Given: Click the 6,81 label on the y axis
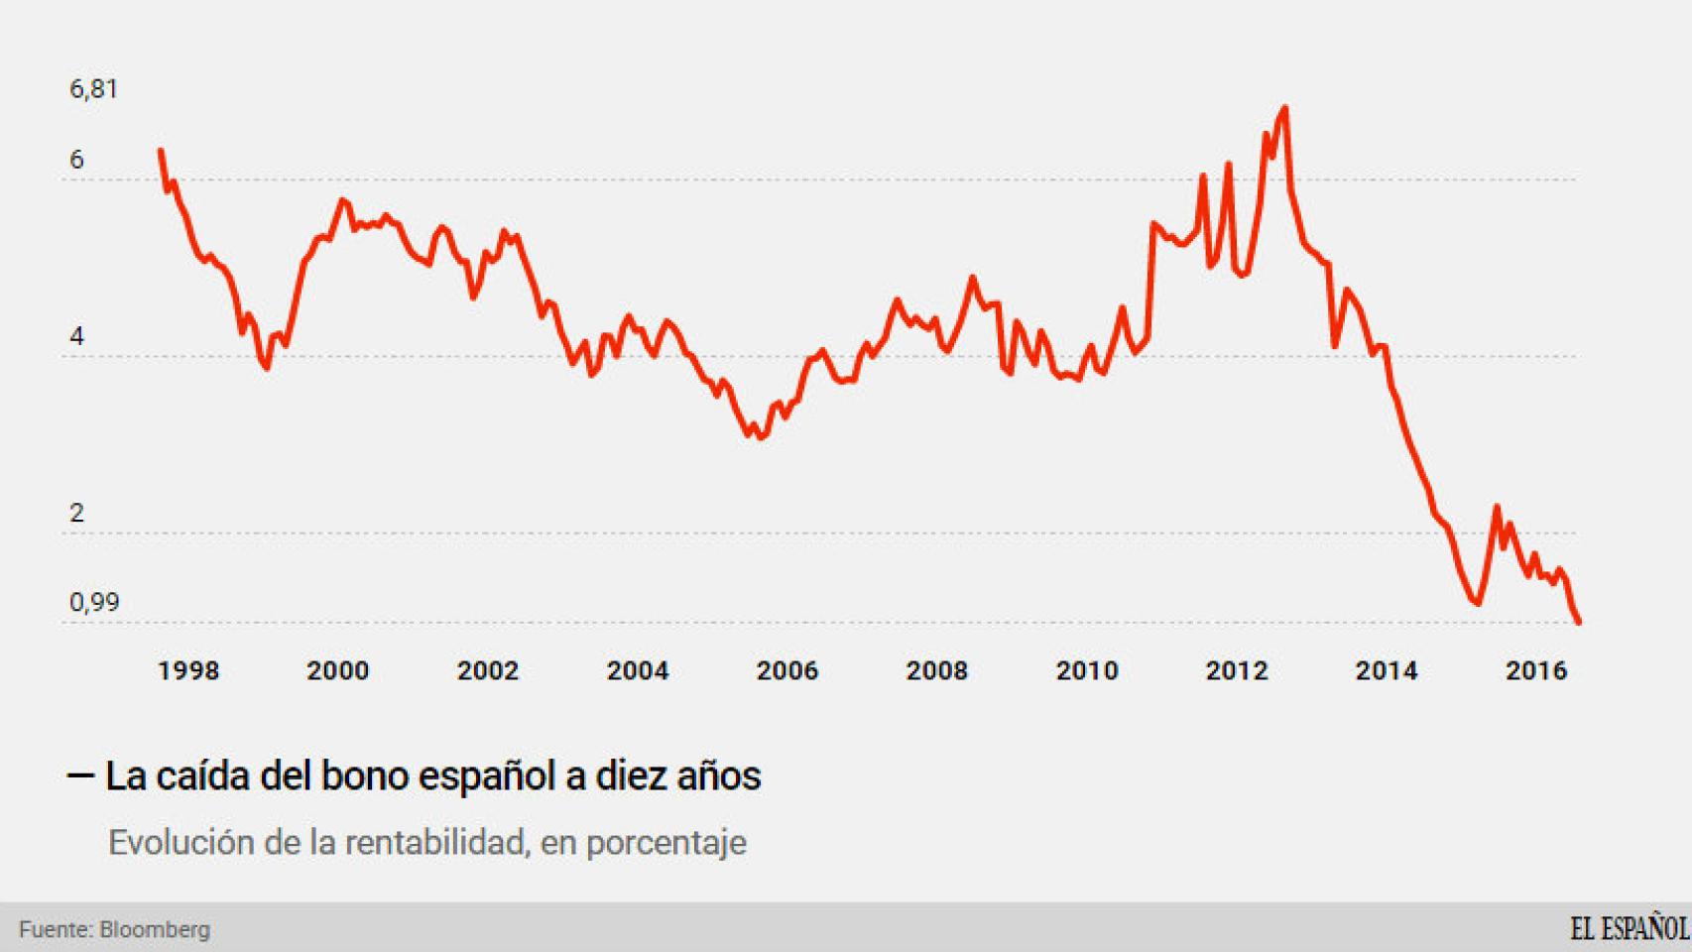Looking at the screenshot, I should point(93,89).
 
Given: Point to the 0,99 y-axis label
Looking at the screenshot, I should point(93,603).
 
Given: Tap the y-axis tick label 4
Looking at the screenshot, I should point(77,337).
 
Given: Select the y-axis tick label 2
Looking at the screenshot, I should point(77,514).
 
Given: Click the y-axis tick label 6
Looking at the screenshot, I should point(77,161).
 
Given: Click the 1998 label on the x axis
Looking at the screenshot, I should point(188,671).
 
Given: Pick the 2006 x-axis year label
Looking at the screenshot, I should point(787,671).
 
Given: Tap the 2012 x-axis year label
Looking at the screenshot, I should point(1237,671).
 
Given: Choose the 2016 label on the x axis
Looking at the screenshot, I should point(1536,671).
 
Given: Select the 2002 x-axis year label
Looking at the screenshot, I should point(488,671).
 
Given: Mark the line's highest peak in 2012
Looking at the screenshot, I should point(1285,107).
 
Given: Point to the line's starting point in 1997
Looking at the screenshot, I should point(161,151).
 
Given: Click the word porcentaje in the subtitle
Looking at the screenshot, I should point(666,843).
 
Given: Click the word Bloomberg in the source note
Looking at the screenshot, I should point(155,930).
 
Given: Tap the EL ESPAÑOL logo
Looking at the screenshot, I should point(1629,929).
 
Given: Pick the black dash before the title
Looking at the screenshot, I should point(80,775).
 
